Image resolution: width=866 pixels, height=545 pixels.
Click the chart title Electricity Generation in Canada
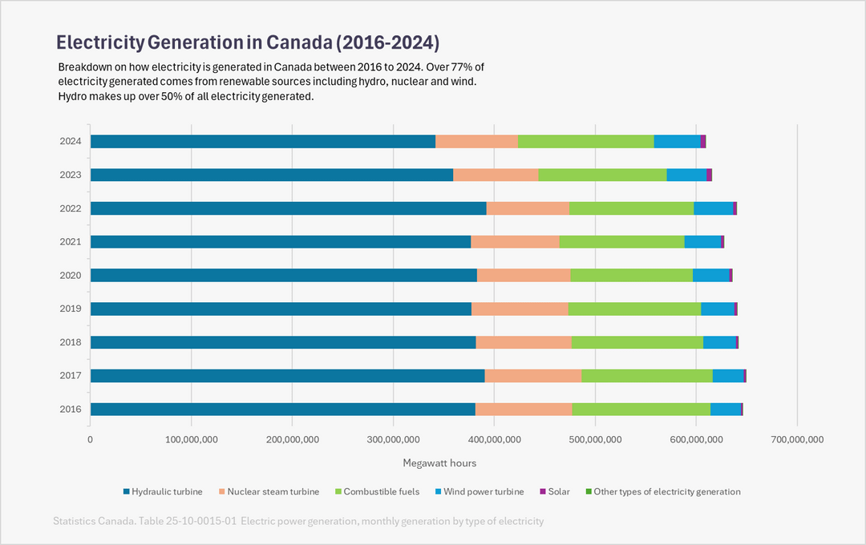pyautogui.click(x=247, y=42)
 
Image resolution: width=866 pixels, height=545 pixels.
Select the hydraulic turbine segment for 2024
pyautogui.click(x=262, y=142)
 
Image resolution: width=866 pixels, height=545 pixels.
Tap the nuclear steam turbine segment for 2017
pyautogui.click(x=533, y=376)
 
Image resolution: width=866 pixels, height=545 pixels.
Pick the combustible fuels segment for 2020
pyautogui.click(x=631, y=276)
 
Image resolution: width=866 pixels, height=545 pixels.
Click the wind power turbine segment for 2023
pyautogui.click(x=686, y=176)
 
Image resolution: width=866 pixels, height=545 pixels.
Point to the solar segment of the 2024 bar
pyautogui.click(x=703, y=142)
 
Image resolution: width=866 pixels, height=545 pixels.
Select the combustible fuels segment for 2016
pyautogui.click(x=641, y=410)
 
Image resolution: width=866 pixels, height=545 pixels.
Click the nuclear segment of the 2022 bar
pyautogui.click(x=528, y=208)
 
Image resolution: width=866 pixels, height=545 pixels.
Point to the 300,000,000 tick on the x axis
pyautogui.click(x=392, y=439)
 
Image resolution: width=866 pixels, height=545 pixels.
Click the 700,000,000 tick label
pyautogui.click(x=796, y=439)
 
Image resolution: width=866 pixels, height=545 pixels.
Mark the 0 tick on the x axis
pyautogui.click(x=90, y=439)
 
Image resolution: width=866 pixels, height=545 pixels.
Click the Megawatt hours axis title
pyautogui.click(x=439, y=463)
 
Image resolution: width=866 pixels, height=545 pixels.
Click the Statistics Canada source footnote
pyautogui.click(x=298, y=521)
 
